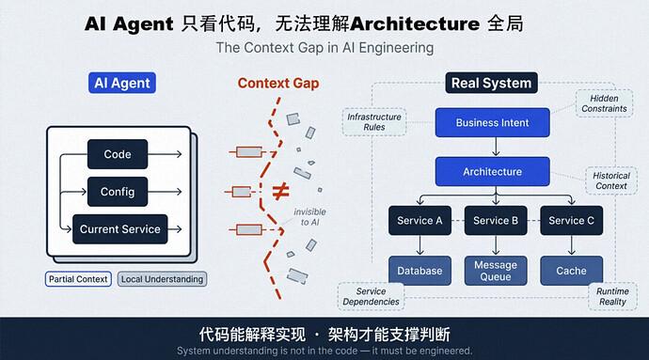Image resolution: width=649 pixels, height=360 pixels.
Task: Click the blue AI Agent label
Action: (x=122, y=83)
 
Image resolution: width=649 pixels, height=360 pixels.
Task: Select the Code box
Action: (x=118, y=154)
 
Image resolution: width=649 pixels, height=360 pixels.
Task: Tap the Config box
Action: (x=118, y=192)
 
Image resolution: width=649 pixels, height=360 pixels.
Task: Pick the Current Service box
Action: (x=120, y=228)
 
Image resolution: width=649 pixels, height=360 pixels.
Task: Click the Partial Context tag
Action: (x=78, y=279)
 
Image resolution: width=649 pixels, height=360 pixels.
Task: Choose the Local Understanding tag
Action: (x=162, y=279)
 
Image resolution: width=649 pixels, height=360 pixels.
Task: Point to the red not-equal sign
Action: (x=280, y=192)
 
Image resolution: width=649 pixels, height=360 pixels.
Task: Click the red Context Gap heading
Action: (x=278, y=83)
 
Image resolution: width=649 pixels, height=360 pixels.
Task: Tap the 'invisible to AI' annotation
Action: (x=309, y=217)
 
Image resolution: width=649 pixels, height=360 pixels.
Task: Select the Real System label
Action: (x=491, y=83)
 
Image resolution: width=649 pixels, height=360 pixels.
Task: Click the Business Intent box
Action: (x=493, y=122)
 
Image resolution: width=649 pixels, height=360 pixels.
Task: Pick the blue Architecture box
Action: (x=493, y=171)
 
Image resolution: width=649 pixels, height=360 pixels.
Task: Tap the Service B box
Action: (x=496, y=221)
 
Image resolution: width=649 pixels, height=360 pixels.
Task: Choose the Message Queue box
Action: (x=496, y=271)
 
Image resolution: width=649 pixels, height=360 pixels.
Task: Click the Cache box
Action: (x=571, y=271)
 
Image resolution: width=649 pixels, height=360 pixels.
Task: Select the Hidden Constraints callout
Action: (x=604, y=103)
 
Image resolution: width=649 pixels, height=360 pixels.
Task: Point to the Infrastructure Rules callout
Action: (x=374, y=122)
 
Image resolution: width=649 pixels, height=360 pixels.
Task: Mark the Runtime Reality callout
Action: (x=612, y=296)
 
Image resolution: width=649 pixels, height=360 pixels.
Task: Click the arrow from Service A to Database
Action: (x=420, y=245)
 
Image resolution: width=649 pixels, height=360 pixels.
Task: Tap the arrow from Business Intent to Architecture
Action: (x=496, y=147)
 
